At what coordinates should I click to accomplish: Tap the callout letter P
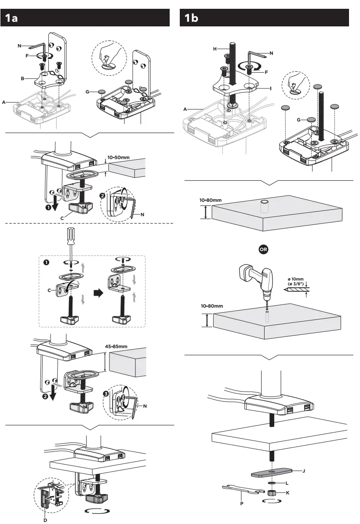pyautogui.click(x=241, y=503)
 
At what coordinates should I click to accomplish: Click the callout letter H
pyautogui.click(x=215, y=49)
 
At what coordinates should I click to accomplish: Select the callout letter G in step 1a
pyautogui.click(x=88, y=92)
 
